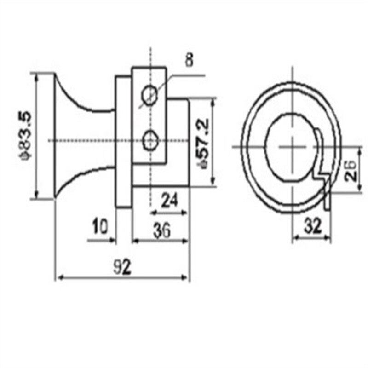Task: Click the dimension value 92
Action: (x=122, y=267)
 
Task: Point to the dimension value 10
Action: (x=99, y=226)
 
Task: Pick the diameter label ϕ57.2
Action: (x=203, y=143)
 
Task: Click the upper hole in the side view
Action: (x=149, y=96)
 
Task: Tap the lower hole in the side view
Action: (x=150, y=140)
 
